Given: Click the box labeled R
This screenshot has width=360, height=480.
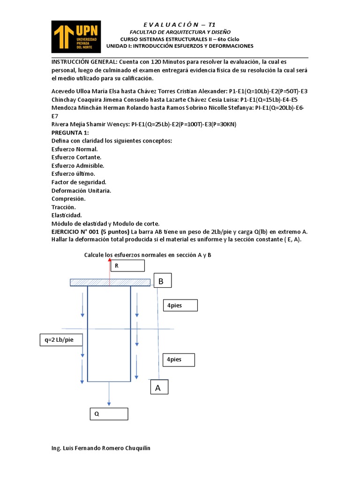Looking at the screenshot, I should click(127, 266).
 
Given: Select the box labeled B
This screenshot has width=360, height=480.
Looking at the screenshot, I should click(161, 281).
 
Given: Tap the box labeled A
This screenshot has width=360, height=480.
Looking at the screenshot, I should click(158, 388).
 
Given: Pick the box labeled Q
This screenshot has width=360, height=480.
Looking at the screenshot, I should click(109, 414).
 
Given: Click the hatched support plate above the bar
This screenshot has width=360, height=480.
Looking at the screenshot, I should click(110, 282).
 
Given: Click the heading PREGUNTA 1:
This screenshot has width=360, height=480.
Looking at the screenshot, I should click(70, 133).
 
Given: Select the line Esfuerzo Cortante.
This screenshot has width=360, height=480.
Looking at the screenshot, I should click(76, 157).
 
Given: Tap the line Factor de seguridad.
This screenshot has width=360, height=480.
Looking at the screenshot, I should click(79, 182).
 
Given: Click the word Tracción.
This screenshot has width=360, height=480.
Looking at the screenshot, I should click(64, 207).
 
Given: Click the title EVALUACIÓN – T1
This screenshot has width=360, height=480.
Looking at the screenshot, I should click(180, 24).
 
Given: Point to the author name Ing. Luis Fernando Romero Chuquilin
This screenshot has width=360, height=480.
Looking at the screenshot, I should click(101, 448).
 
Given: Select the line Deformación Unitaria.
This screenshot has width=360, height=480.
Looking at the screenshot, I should click(81, 190).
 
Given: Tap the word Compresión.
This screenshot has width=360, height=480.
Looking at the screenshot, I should click(68, 199).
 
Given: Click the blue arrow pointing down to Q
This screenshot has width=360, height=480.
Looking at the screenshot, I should click(109, 394).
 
